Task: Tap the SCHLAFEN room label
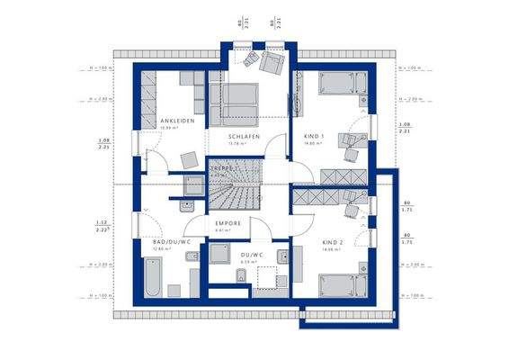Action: [x=244, y=135]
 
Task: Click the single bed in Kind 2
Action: [x=342, y=286]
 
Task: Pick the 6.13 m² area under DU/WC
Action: [x=250, y=262]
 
